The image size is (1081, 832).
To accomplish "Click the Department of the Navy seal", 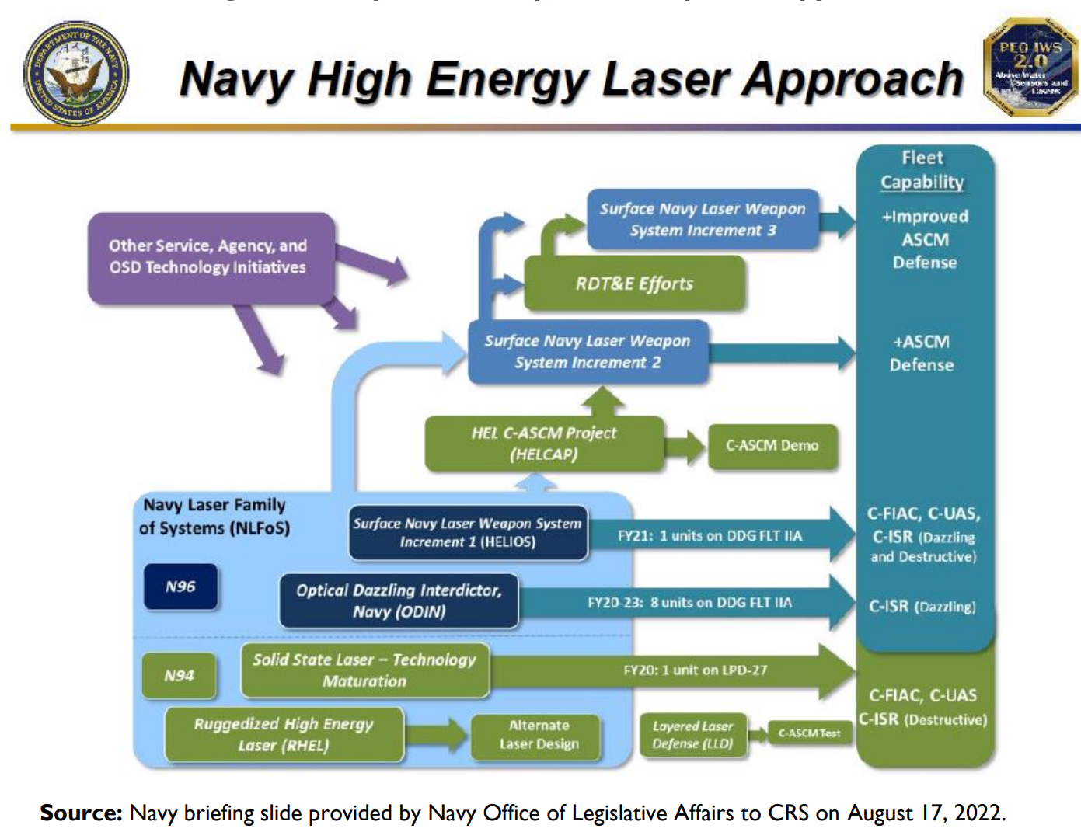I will tap(75, 75).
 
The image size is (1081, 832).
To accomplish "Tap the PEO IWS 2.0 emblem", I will tap(1031, 69).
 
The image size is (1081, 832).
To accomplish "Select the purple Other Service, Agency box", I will tap(209, 257).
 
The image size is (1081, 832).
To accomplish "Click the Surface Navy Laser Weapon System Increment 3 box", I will tap(702, 220).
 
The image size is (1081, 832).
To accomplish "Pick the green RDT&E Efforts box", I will tap(634, 284).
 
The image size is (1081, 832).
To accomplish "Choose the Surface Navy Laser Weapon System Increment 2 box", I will tap(588, 352).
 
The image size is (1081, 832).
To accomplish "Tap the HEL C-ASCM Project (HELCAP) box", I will tap(543, 444).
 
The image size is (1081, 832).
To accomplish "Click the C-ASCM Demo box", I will tap(772, 446).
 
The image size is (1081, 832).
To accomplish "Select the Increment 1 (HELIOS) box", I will tap(468, 533).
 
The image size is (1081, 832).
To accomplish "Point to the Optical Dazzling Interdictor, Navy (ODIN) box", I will tap(399, 601).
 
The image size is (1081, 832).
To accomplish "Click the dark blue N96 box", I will tap(180, 587).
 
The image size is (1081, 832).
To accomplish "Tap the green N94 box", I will tap(179, 676).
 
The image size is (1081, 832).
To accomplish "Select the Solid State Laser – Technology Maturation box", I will tap(364, 670).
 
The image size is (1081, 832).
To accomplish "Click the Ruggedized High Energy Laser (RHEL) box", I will tap(284, 734).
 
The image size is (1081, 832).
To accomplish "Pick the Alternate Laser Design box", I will tap(539, 735).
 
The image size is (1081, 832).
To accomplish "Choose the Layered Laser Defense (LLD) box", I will tap(692, 735).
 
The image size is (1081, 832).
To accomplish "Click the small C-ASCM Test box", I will tap(809, 733).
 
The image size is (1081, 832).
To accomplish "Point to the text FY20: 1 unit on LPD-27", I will tap(695, 670).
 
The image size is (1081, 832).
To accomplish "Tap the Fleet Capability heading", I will tap(922, 170).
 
